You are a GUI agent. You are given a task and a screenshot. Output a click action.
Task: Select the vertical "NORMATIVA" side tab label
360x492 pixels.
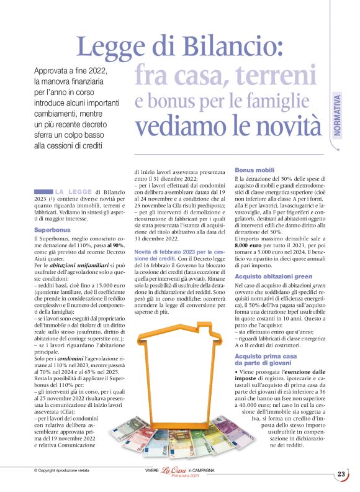[x=336, y=116]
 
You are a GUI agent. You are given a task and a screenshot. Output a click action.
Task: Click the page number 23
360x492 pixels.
[x=341, y=474]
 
